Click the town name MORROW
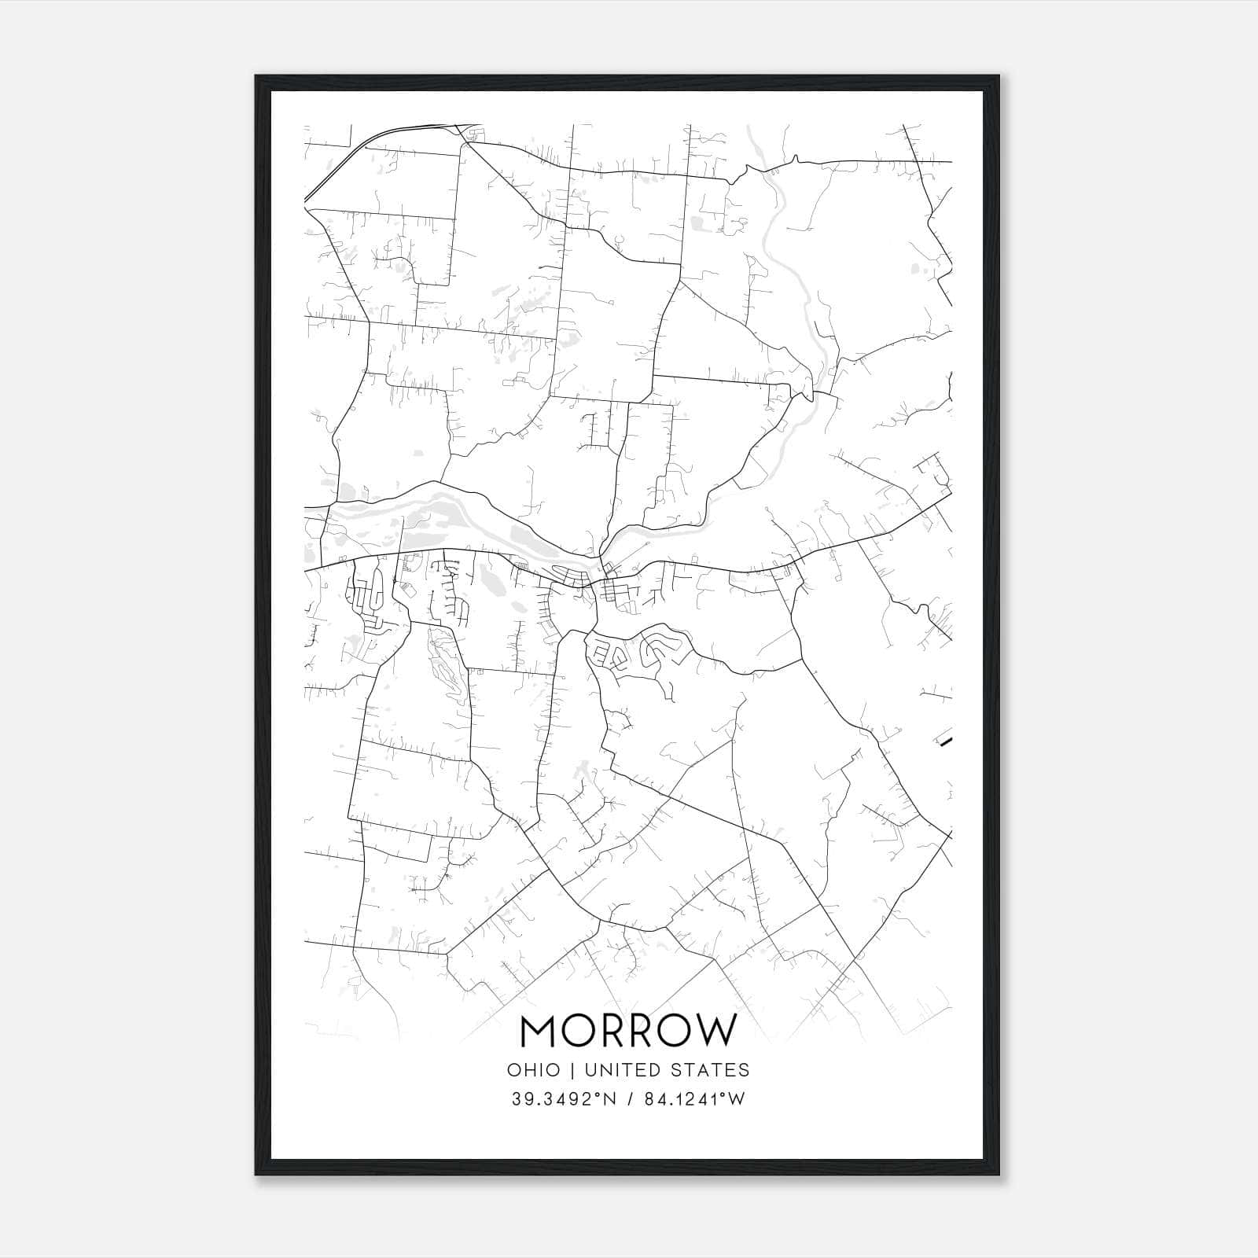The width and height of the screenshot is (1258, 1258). [x=629, y=1031]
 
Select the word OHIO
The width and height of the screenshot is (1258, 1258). [x=535, y=1070]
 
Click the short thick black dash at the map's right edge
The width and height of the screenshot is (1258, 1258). [x=947, y=741]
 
